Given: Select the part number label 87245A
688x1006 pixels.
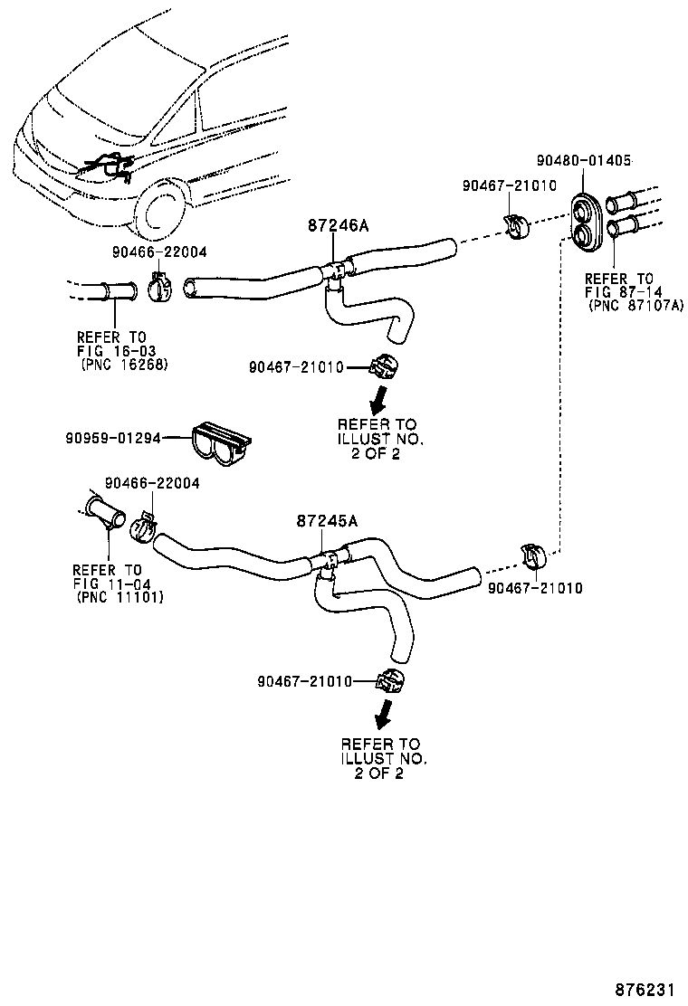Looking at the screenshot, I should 327,520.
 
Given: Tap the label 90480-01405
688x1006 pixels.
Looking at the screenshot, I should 584,160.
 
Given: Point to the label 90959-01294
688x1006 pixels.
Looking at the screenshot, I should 112,437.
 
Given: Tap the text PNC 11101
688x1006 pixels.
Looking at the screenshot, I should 114,597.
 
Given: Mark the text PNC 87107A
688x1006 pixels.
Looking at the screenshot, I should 635,305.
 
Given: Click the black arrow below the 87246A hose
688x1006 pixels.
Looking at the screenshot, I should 381,398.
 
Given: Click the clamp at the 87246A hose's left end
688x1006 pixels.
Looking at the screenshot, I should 159,287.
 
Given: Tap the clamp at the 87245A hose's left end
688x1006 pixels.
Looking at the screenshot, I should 142,527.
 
